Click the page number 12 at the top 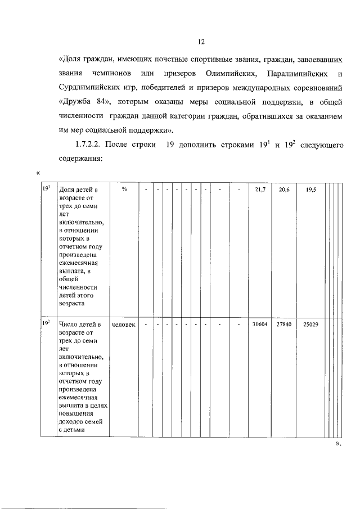(201, 42)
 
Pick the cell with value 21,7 (260, 190)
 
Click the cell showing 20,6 (284, 190)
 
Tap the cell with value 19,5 (311, 190)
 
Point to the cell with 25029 (311, 325)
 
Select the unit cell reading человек (124, 325)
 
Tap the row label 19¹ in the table (47, 190)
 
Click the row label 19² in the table (47, 324)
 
